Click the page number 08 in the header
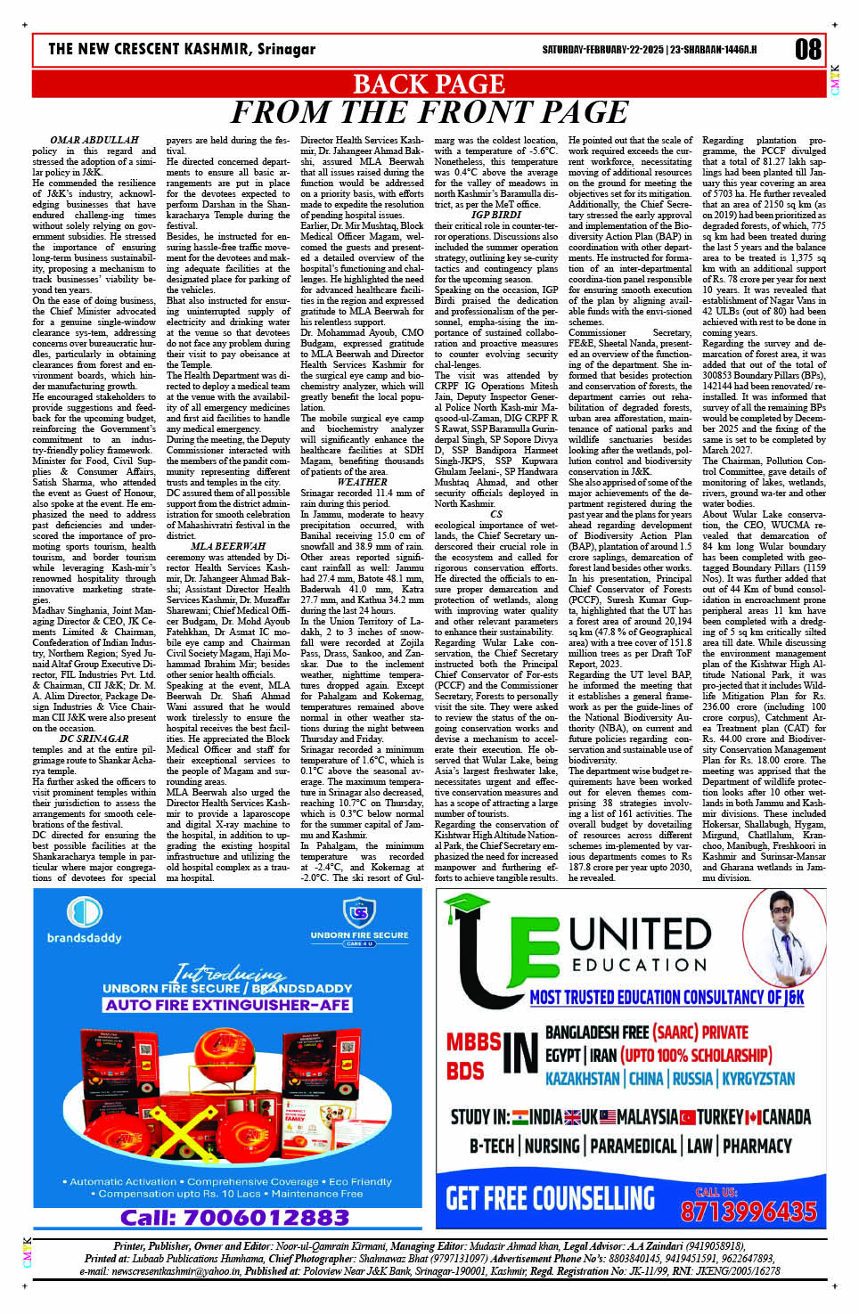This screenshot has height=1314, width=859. (807, 49)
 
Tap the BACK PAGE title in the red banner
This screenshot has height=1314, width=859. (429, 84)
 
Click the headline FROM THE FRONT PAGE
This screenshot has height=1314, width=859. (429, 113)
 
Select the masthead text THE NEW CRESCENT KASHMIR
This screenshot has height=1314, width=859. (151, 49)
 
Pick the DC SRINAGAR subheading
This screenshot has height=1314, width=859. (94, 739)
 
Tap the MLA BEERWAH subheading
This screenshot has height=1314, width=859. (228, 546)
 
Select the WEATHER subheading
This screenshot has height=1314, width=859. (363, 482)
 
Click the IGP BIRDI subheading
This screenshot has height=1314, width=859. (496, 215)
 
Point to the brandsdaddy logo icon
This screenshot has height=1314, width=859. (85, 913)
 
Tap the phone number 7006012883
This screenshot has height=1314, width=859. (234, 1217)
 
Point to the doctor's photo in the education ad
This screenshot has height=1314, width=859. (784, 937)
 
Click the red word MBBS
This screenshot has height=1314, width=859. (473, 1042)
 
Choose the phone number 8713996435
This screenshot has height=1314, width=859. (748, 1211)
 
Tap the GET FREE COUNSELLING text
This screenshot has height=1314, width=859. (550, 1198)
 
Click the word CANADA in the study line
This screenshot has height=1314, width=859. (784, 1116)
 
